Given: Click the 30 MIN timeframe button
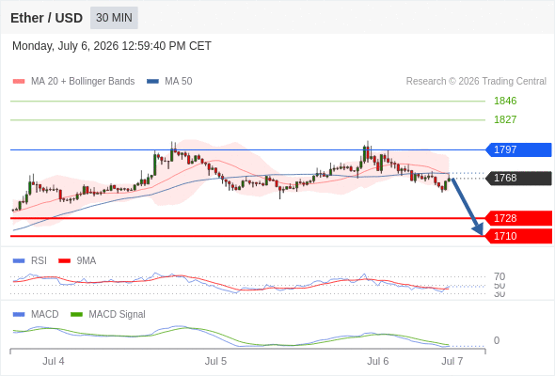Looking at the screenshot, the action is pos(114,18).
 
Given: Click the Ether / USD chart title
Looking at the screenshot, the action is pos(46,18).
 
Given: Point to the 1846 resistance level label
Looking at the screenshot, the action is pos(505,101).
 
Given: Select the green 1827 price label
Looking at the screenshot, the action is pos(505,119).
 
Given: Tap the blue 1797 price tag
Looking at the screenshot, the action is pos(518,149).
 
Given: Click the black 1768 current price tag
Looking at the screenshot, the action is pos(518,178).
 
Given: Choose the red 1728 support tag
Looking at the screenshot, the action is pos(518,218).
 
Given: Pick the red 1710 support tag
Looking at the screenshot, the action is pos(518,236).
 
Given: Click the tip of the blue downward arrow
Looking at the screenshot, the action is pos(483,235).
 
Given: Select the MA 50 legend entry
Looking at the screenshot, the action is pos(169,82).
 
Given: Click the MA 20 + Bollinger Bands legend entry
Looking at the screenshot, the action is pos(73,82).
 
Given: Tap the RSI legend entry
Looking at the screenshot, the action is pos(30,260).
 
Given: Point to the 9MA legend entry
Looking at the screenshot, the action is pos(77,260).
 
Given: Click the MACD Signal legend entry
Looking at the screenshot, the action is pos(108,314).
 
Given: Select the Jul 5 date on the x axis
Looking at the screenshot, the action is pos(215,361).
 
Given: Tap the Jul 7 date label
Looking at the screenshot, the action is pos(452,361).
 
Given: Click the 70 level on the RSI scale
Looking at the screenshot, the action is pos(499,276).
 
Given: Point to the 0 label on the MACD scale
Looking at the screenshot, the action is pos(497,340).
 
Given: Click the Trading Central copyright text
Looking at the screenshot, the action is pos(476,82).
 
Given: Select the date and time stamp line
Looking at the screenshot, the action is pos(112,46).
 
